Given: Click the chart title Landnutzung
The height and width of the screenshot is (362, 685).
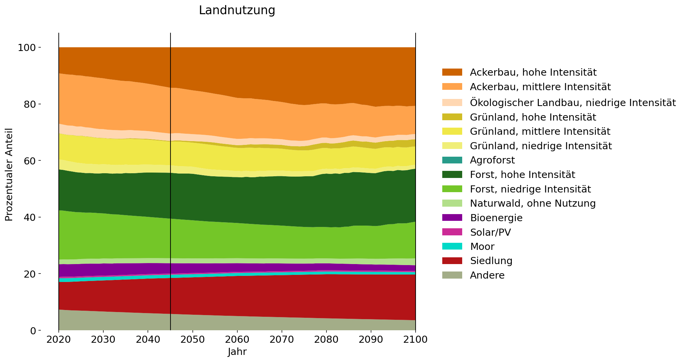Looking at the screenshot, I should point(237,10).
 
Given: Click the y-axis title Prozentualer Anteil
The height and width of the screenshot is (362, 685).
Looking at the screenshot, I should point(9,174).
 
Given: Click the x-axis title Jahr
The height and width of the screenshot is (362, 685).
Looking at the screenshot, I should point(237,352).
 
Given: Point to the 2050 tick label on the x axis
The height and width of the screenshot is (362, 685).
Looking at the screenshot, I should point(192,339).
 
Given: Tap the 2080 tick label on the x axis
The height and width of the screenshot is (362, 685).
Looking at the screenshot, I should point(326,339).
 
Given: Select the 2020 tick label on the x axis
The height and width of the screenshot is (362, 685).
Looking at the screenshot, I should point(59,339).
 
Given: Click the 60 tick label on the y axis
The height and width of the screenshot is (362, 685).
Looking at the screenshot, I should point(29,161).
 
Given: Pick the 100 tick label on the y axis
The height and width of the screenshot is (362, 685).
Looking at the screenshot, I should point(27,48).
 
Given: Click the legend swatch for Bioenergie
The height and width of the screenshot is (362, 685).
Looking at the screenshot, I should point(452,218).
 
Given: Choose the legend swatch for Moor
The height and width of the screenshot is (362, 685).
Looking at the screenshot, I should point(452,247).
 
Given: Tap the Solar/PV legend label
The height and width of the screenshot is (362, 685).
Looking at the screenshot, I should point(490,232).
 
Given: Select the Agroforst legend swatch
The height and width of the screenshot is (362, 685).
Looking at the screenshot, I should point(452,160).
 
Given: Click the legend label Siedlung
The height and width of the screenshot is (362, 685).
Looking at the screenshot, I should point(491,261).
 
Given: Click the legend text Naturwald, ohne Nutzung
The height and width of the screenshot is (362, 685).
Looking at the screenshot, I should point(532,204).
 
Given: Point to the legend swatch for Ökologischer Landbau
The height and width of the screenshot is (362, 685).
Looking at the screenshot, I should point(452,102).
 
